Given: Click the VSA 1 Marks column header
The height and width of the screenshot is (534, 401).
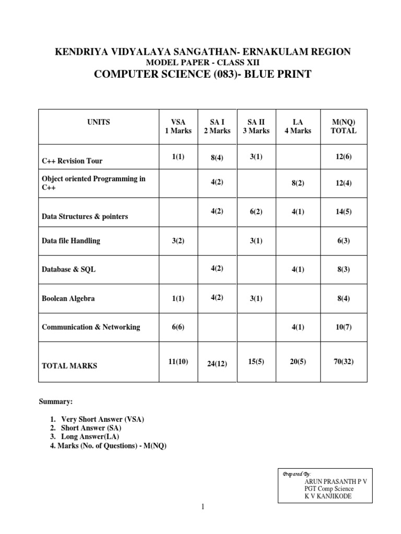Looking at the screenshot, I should (x=178, y=127).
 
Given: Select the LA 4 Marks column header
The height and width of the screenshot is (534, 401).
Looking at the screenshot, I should (x=298, y=127).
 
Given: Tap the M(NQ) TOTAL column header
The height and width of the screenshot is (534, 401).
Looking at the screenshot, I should (x=344, y=127).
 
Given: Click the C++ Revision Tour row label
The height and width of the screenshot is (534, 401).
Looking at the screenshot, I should (x=76, y=161).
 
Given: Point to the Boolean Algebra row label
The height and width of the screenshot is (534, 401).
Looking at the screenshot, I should (x=68, y=299).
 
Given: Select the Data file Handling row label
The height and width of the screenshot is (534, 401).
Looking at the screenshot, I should (x=70, y=241).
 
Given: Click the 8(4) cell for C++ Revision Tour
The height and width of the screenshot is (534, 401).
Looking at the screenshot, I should (x=217, y=157).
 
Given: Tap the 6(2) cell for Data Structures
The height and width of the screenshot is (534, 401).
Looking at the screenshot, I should (x=256, y=212).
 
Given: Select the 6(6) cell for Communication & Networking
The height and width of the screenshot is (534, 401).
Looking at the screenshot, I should (x=178, y=327).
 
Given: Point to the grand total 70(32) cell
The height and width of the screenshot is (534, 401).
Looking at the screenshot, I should (x=344, y=361).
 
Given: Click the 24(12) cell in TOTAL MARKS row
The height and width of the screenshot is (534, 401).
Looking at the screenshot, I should (x=217, y=363).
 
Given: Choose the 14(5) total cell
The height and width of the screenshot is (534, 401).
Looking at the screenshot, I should (x=344, y=212).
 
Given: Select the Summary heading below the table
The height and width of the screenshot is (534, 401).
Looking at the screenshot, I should (x=56, y=402).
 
